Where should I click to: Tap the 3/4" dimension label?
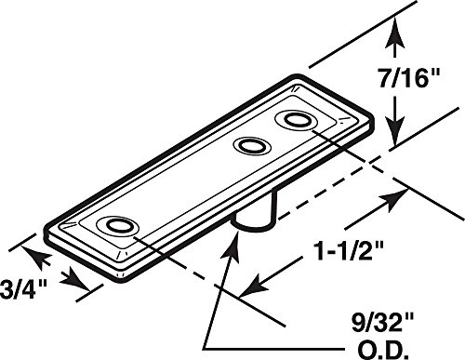pyautogui.click(x=23, y=288)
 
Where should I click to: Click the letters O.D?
pyautogui.click(x=382, y=350)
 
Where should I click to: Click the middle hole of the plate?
pyautogui.click(x=252, y=145)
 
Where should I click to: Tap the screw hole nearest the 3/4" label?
pyautogui.click(x=117, y=225)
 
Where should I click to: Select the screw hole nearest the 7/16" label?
pyautogui.click(x=295, y=119)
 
